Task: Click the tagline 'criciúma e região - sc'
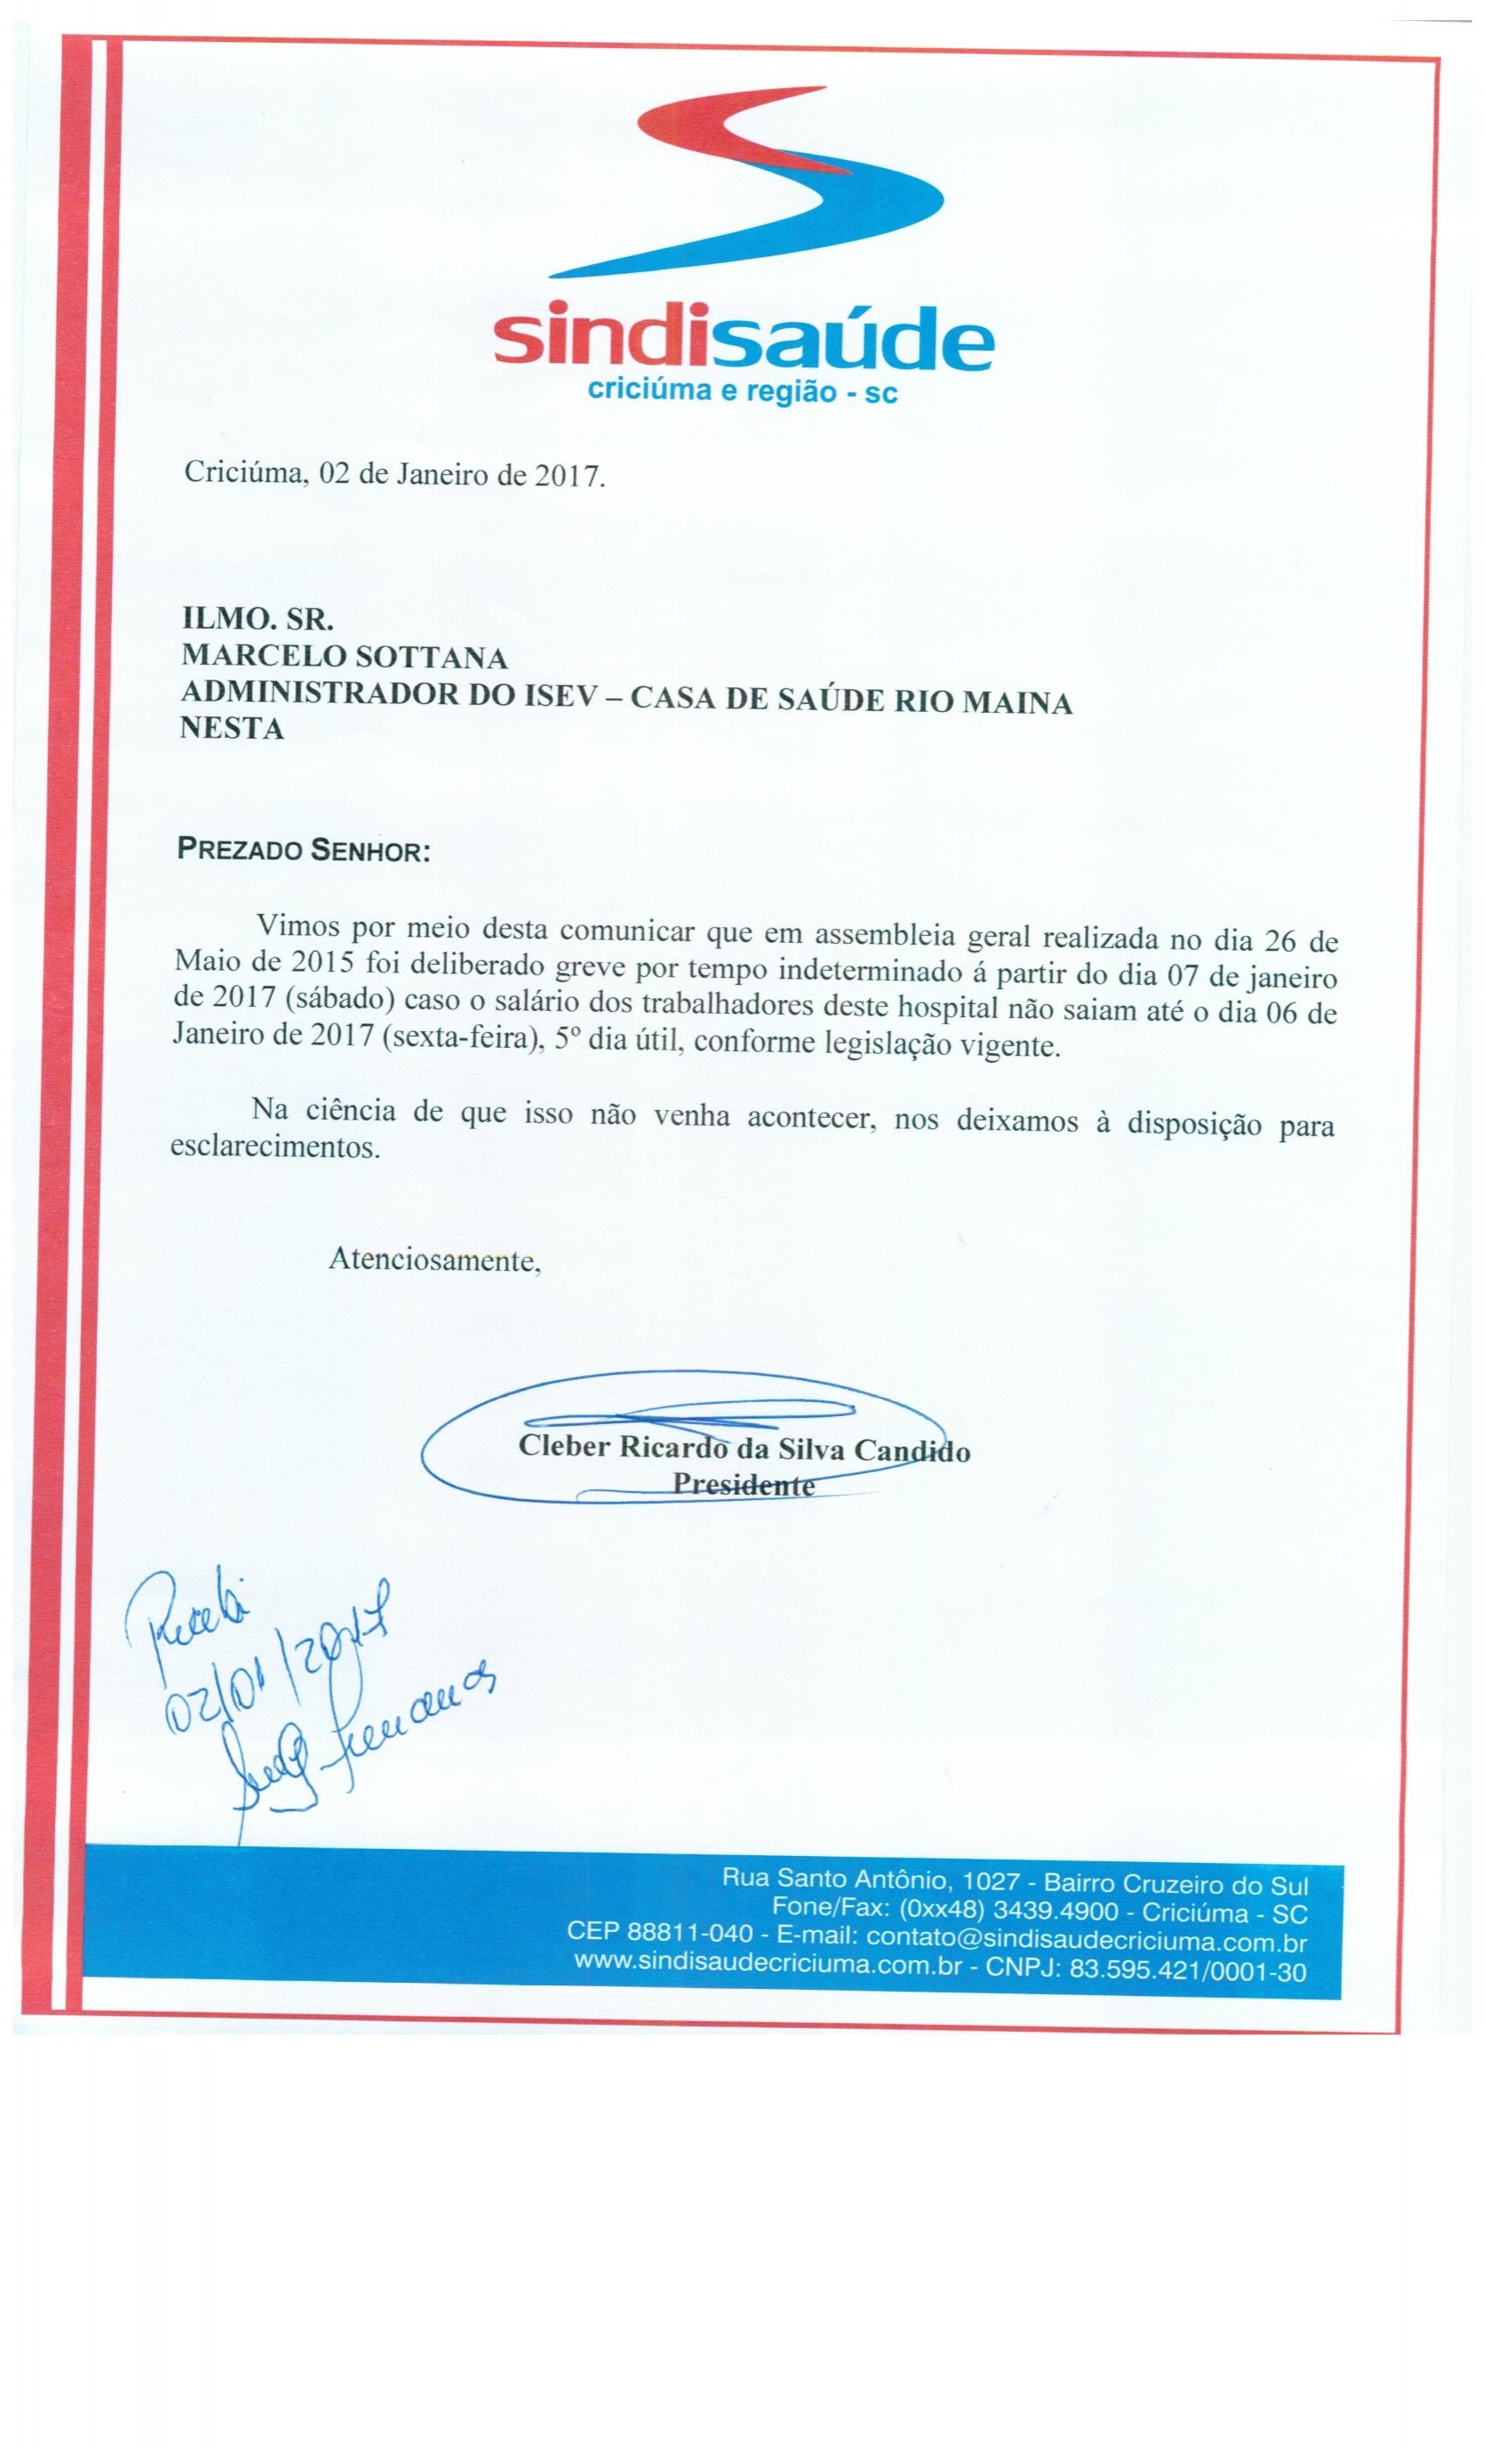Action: pyautogui.click(x=743, y=392)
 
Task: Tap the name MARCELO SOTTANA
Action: pyautogui.click(x=344, y=658)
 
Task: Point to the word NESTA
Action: pyautogui.click(x=232, y=729)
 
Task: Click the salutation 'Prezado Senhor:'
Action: pyautogui.click(x=303, y=851)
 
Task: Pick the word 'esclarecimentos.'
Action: pyautogui.click(x=276, y=1149)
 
